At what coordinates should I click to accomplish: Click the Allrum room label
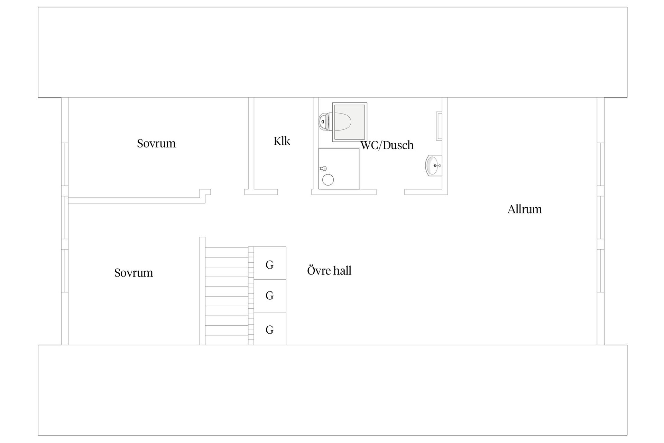[524, 209]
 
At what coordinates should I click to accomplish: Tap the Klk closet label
[282, 141]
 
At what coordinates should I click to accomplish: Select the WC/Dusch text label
[387, 145]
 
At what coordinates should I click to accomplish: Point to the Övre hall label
[329, 270]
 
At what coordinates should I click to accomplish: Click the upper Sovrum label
[156, 143]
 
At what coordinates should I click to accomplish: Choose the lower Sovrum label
[133, 273]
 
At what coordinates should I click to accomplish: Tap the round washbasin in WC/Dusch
[433, 166]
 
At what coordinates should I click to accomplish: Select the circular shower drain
[328, 180]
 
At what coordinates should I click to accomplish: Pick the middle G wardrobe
[270, 296]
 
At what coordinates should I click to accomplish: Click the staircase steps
[227, 296]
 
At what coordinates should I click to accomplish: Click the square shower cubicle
[339, 169]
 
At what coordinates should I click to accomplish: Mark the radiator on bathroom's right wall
[439, 126]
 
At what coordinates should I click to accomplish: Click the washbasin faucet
[437, 166]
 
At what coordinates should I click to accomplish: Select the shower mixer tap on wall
[323, 169]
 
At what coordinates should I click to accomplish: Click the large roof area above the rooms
[332, 52]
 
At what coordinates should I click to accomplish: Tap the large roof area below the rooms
[332, 390]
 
